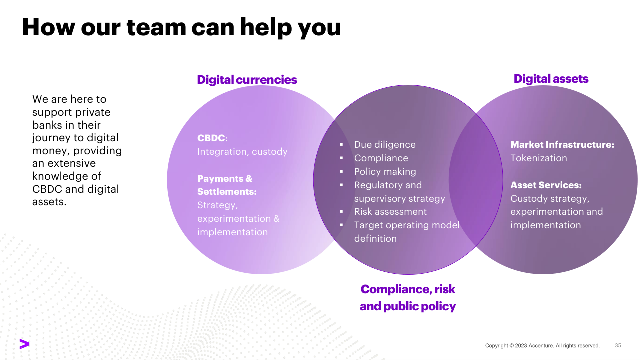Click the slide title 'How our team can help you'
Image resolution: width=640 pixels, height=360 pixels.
coord(181,28)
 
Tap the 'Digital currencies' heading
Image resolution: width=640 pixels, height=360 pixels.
coord(247,80)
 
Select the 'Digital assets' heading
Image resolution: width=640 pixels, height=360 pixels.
coord(551,79)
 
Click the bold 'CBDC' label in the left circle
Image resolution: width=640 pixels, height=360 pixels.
coord(211,138)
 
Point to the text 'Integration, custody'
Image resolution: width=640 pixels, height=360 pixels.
coord(242,151)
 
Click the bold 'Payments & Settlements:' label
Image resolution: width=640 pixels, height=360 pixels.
coord(227,185)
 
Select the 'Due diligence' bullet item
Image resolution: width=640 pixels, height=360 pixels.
coord(385,145)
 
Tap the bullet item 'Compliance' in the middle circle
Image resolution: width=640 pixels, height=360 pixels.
coord(381,158)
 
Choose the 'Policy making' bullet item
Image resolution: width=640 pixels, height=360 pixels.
coord(385,171)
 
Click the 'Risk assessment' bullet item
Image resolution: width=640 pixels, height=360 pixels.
coord(390,211)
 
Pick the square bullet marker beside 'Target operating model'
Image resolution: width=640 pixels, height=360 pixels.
coord(341,225)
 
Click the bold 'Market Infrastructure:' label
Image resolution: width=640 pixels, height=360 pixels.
coord(562,145)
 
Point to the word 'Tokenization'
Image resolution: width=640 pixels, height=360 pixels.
coord(539,158)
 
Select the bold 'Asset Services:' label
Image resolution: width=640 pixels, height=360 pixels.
coord(546,185)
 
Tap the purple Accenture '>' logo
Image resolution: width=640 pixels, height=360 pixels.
coord(24,344)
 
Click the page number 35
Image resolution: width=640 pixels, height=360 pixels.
coord(618,345)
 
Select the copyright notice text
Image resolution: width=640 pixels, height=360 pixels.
coord(542,345)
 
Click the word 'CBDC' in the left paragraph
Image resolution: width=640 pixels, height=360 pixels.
coord(47,189)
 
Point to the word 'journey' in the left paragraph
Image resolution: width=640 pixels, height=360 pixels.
coord(51,138)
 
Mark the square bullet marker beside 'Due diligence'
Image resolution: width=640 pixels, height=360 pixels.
coord(341,145)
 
